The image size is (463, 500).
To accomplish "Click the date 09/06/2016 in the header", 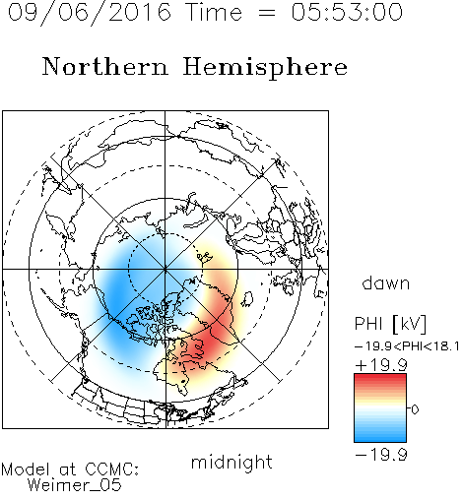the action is (x=89, y=13).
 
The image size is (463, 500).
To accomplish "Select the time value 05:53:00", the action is (x=347, y=12).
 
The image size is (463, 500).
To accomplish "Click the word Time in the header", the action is (x=214, y=12).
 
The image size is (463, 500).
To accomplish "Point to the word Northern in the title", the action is (x=105, y=67).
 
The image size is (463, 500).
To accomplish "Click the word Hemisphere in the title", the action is (x=265, y=68).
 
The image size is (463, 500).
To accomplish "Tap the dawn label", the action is (x=386, y=282).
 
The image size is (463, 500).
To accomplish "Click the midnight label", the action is (x=231, y=462).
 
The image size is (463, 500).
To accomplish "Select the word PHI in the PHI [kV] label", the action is (x=368, y=324).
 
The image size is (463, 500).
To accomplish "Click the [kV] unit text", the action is (x=410, y=324).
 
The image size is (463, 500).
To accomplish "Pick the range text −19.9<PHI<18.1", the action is (x=407, y=346).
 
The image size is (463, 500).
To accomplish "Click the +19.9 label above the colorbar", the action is (x=381, y=365).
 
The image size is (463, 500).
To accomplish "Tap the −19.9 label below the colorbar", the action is (x=381, y=455).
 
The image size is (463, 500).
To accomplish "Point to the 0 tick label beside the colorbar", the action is (x=415, y=409).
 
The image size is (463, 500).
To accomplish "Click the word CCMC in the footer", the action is (x=111, y=469).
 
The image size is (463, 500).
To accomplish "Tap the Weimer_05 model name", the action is (x=75, y=485).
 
